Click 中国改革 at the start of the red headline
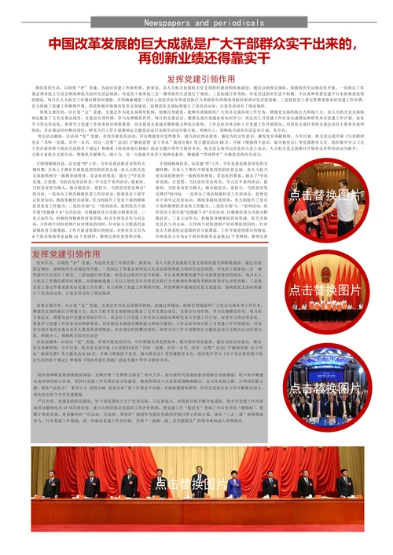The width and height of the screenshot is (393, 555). [72, 44]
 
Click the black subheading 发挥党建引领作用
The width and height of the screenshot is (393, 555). [196, 79]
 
